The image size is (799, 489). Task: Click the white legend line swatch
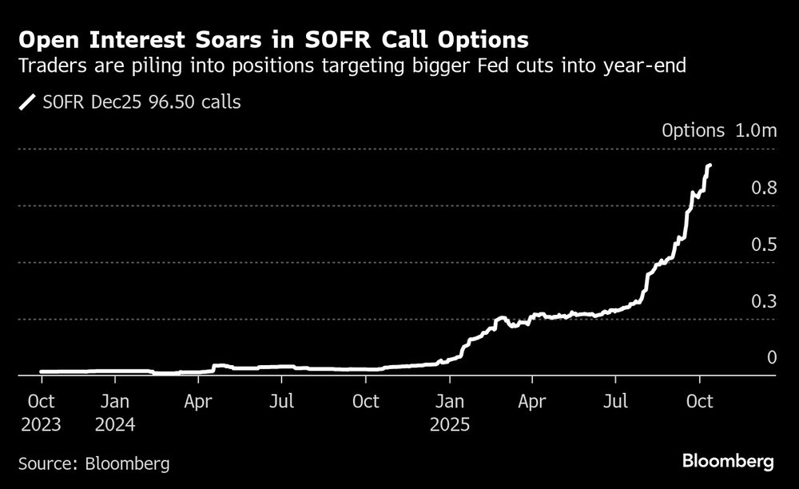coord(30,102)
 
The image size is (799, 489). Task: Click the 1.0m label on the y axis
coord(756,131)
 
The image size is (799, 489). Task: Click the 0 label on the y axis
coord(772,357)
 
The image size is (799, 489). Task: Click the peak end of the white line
coord(710,165)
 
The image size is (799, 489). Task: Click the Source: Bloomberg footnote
coord(93,463)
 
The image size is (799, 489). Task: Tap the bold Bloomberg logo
coord(728,461)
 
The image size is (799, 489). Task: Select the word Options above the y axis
coord(693,131)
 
